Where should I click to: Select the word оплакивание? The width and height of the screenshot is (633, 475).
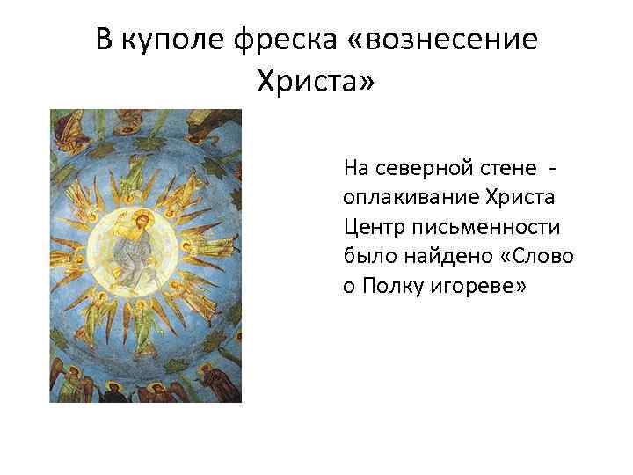coord(404,194)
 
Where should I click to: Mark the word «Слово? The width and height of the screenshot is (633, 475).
coord(535,256)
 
